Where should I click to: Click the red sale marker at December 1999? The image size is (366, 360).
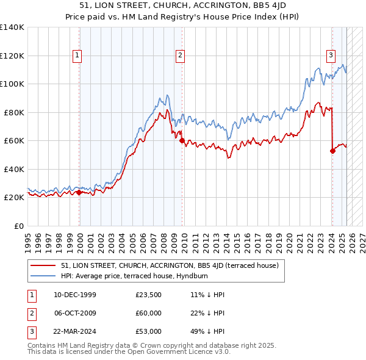[x=79, y=192]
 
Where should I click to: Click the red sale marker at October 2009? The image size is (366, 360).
[x=182, y=140]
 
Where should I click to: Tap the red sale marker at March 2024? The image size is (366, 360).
[x=332, y=151]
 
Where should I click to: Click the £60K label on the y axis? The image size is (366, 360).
[x=13, y=141]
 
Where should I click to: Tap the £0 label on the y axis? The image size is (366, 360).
[x=19, y=226]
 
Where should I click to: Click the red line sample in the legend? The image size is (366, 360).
[x=44, y=266]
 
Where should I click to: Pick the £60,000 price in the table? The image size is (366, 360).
[x=149, y=314]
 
